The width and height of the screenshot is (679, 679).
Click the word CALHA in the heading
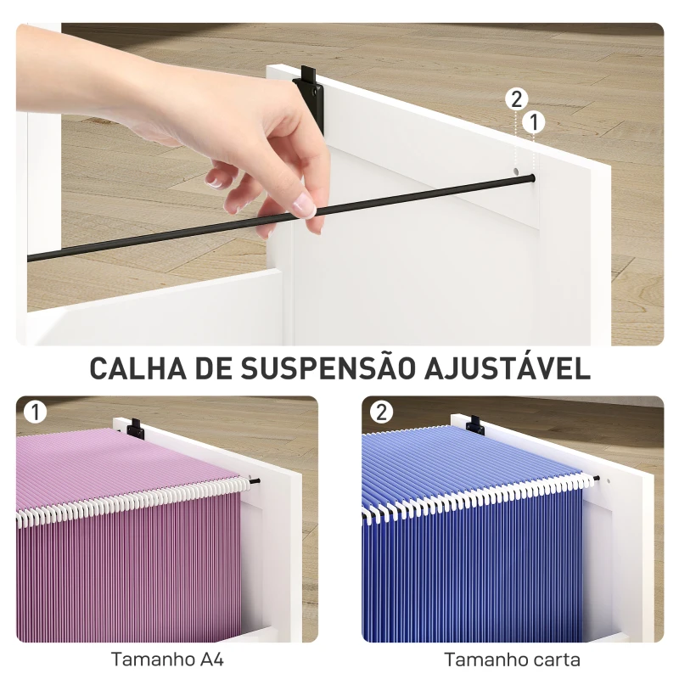click(x=136, y=369)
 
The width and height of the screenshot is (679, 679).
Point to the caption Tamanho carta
click(x=512, y=659)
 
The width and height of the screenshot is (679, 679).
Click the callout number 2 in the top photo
click(x=516, y=99)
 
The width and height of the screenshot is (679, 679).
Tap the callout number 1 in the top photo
click(x=534, y=123)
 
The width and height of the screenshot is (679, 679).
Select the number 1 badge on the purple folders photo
click(x=35, y=412)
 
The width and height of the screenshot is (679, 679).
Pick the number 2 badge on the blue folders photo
click(x=381, y=412)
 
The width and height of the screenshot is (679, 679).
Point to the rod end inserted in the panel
click(x=531, y=177)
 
